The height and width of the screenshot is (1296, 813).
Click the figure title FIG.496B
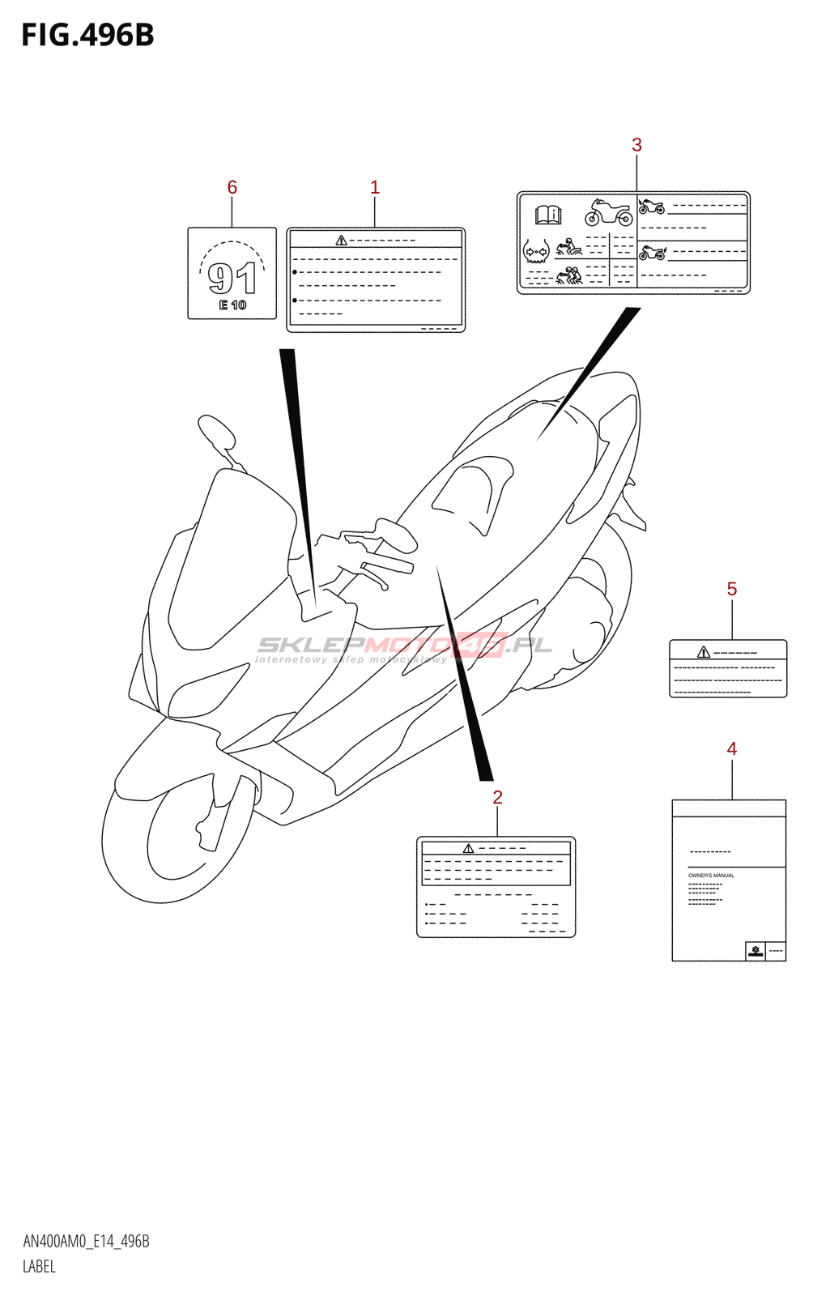87,36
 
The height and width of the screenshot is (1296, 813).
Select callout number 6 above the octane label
232,188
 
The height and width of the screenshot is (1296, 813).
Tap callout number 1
374,188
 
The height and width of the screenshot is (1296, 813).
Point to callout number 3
636,145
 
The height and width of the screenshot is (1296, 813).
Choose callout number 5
731,590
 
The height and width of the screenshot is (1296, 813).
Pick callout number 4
731,749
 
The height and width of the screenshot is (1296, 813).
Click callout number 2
497,798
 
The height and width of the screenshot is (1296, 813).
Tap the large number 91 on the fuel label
232,278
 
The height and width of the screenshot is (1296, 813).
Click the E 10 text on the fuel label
232,305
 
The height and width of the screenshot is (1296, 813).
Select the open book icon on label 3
548,215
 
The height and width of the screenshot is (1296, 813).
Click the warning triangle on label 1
341,241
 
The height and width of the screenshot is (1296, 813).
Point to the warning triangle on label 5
703,652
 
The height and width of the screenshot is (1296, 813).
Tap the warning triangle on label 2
468,848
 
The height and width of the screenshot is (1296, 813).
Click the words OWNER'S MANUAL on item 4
711,876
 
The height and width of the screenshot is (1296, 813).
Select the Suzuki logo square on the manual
756,951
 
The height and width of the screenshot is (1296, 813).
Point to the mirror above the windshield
216,432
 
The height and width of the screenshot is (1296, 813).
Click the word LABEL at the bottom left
39,1267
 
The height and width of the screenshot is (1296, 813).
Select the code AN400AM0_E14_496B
86,1242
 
